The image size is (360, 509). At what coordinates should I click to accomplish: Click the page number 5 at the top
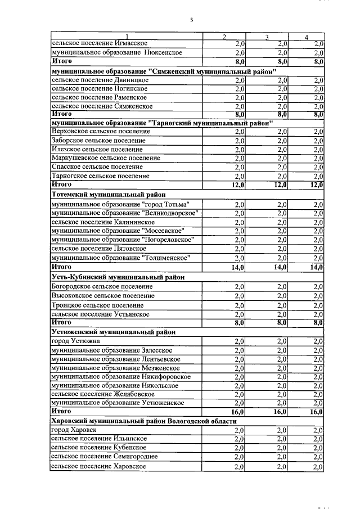(x=191, y=20)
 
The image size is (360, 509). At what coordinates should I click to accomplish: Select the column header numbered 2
(x=224, y=38)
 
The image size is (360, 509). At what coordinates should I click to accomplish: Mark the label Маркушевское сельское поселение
(x=105, y=158)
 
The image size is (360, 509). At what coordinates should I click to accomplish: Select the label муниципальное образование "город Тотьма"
(x=120, y=204)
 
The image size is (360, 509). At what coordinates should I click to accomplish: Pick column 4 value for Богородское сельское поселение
(x=318, y=286)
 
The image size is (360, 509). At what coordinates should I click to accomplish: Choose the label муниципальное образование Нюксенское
(x=116, y=52)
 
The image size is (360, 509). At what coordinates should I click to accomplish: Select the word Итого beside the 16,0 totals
(x=61, y=412)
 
